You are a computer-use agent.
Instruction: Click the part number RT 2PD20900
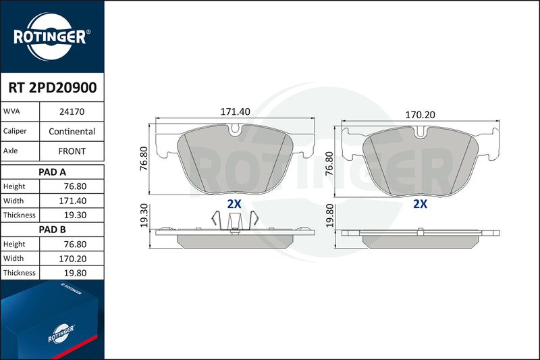click(53, 88)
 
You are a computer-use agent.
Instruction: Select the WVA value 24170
click(72, 111)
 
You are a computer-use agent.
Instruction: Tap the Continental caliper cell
click(72, 131)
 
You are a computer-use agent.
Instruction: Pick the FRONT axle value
click(72, 151)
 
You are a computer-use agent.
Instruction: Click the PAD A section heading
click(53, 172)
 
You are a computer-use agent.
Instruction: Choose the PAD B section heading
click(53, 230)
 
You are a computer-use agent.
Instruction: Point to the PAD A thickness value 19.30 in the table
click(75, 215)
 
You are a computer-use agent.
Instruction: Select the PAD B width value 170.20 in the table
click(73, 259)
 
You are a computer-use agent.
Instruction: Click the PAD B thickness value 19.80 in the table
click(75, 273)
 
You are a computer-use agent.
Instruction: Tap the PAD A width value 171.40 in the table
click(73, 201)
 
